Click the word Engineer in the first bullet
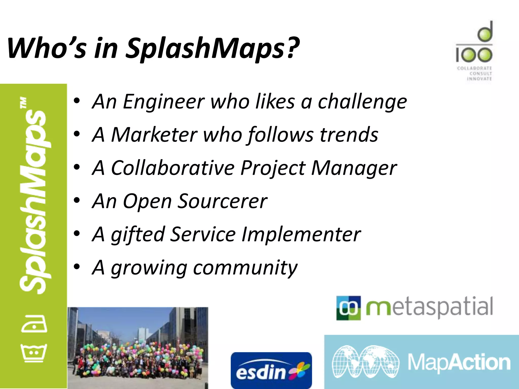(x=163, y=102)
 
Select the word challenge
(x=362, y=102)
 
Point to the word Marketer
(x=154, y=135)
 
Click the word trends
(x=349, y=135)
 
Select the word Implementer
(x=301, y=235)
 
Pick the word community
(x=245, y=268)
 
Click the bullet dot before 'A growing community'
(x=77, y=267)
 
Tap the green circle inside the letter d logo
(x=485, y=34)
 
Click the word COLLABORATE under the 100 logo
(x=474, y=68)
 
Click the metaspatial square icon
(x=348, y=308)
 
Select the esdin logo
(x=271, y=370)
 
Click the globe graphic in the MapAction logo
(x=365, y=362)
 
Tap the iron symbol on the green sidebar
(x=34, y=324)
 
